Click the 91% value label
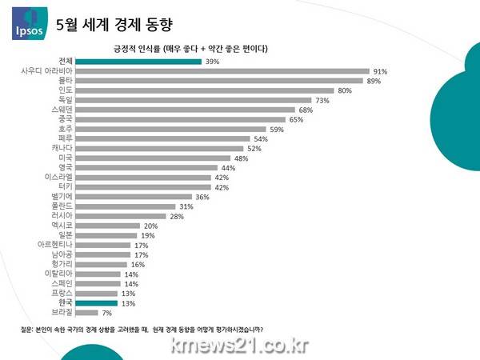(x=380, y=71)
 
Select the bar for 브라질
(x=88, y=312)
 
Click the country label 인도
(x=64, y=90)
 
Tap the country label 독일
(x=64, y=100)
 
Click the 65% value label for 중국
(x=296, y=119)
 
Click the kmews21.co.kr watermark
(x=239, y=345)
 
